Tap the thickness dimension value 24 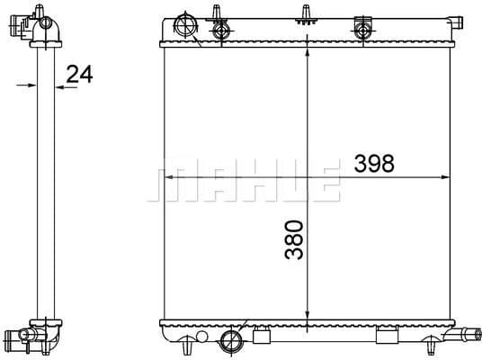point(80,74)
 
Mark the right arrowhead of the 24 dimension point(60,85)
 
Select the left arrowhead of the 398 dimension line point(166,177)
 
